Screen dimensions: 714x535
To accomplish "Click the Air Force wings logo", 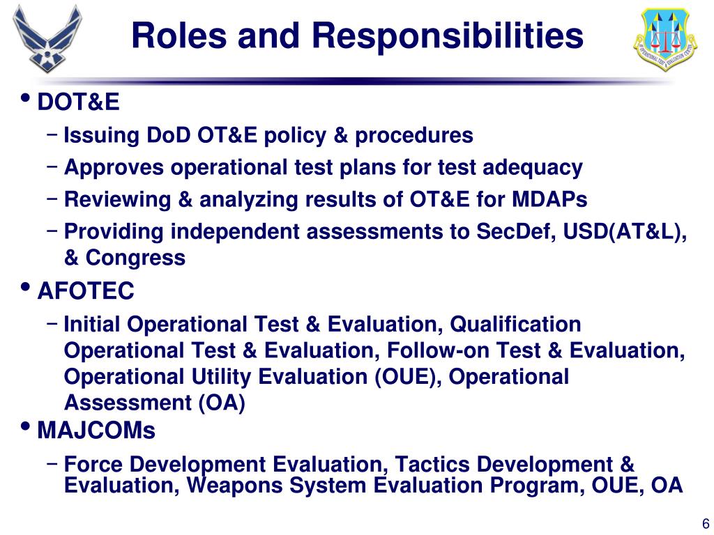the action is pyautogui.click(x=47, y=39).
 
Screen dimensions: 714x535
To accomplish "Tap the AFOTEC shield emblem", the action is pyautogui.click(x=665, y=39).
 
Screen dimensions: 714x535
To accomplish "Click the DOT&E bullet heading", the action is pyautogui.click(x=78, y=102).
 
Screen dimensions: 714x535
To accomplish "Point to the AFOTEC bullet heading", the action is pyautogui.click(x=86, y=290).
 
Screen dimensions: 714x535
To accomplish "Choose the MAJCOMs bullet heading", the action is pyautogui.click(x=96, y=430).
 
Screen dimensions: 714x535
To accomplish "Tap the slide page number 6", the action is pyautogui.click(x=706, y=523).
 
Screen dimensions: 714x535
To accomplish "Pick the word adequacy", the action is pyautogui.click(x=532, y=168).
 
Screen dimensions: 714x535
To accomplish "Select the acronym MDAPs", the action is pyautogui.click(x=549, y=199).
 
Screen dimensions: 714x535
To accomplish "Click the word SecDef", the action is pyautogui.click(x=516, y=231).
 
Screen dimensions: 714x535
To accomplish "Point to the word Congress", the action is pyautogui.click(x=136, y=258).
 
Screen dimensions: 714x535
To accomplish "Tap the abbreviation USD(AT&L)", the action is pyautogui.click(x=625, y=232).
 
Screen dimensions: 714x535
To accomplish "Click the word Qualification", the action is pyautogui.click(x=515, y=325).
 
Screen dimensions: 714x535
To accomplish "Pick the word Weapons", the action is pyautogui.click(x=235, y=486).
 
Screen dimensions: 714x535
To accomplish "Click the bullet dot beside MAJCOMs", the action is pyautogui.click(x=26, y=427).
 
